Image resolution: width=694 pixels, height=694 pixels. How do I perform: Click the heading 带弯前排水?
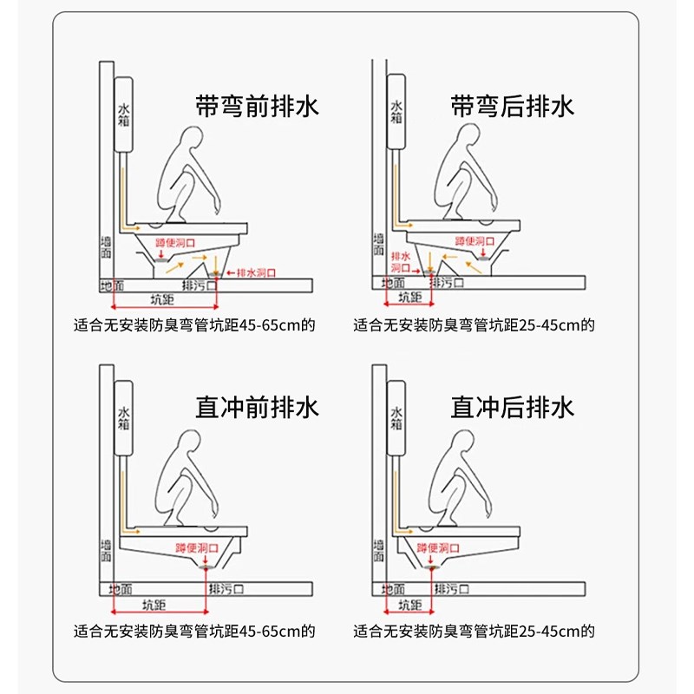(x=256, y=107)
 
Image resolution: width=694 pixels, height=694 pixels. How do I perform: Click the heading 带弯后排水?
(x=512, y=107)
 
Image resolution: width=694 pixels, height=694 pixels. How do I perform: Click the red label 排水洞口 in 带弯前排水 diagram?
(x=257, y=272)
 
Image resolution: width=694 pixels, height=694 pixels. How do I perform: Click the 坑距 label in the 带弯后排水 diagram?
(x=410, y=298)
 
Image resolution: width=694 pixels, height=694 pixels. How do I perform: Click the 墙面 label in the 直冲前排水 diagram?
(x=106, y=550)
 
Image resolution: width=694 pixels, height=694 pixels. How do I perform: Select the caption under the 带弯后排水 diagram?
(x=473, y=326)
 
